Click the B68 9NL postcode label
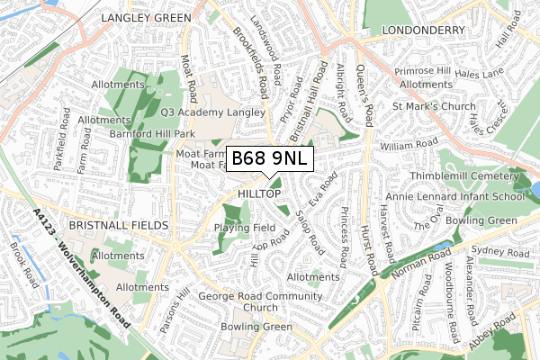[x=270, y=159]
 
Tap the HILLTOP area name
[x=261, y=194]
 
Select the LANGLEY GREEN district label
[x=145, y=18]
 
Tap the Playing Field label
[x=245, y=228]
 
